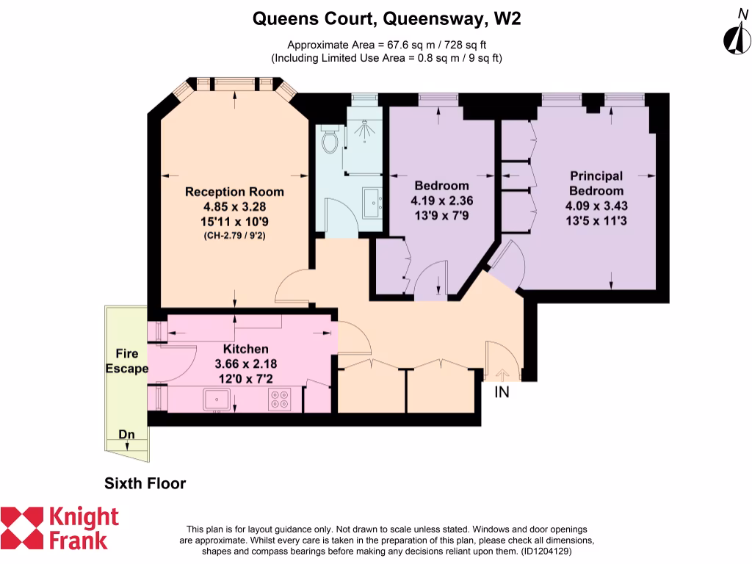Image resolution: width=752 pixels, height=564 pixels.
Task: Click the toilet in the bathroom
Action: point(330,139)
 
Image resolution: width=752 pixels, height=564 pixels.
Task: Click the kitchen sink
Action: point(219,399)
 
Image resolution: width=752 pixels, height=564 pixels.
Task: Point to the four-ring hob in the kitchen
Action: point(279,399)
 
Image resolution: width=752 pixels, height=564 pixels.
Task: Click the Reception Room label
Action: point(234,192)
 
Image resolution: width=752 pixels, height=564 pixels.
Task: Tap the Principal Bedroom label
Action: point(596,184)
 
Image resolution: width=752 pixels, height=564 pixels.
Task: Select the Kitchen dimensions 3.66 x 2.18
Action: point(246,364)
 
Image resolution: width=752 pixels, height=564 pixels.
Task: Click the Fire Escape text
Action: point(126,361)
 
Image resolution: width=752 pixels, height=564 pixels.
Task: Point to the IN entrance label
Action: point(502,393)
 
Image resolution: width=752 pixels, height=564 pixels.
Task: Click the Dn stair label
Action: point(127,434)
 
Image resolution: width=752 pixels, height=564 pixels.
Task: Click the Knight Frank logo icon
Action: point(22,527)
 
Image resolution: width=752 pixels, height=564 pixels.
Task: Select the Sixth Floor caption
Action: point(145,483)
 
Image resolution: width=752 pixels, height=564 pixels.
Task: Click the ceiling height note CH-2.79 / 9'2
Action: point(234,236)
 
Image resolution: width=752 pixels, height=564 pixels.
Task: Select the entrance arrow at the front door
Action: point(503,374)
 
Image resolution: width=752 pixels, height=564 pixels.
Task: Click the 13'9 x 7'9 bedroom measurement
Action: point(441,215)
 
